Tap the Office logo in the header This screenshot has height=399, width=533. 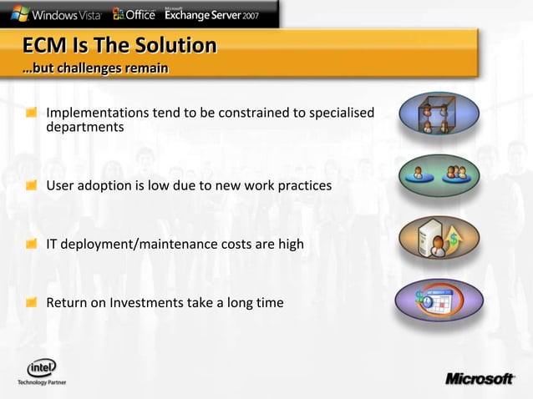(133, 13)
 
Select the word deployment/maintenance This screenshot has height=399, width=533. (139, 244)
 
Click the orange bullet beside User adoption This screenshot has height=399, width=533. (31, 185)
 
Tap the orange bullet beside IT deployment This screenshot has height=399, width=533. (31, 244)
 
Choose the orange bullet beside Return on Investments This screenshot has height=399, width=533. (31, 302)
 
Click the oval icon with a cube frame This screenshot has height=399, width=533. (439, 114)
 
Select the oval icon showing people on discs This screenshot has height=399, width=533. (439, 175)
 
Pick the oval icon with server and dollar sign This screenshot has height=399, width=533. (439, 238)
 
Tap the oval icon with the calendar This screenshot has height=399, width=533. (439, 300)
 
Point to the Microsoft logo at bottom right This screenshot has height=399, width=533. (479, 379)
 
